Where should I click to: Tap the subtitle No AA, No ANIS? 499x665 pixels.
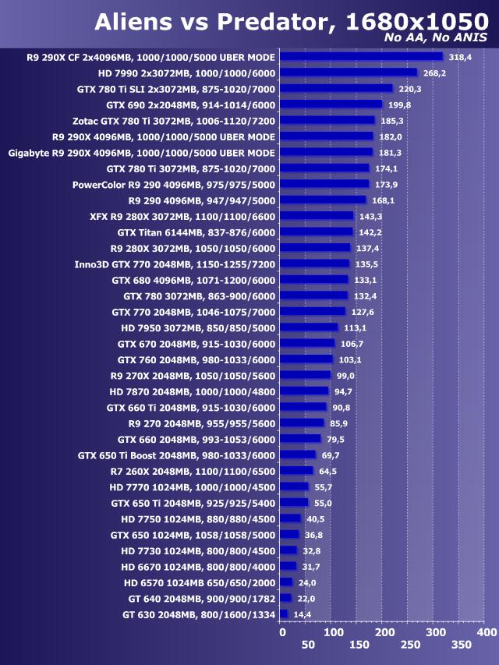coord(436,38)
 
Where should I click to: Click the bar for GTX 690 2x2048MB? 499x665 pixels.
coord(331,104)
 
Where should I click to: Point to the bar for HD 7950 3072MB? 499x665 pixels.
coord(309,327)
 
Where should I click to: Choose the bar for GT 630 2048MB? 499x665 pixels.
coord(283,614)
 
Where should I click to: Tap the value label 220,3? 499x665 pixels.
coord(409,89)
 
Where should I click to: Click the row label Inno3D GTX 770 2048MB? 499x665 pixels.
coord(175,264)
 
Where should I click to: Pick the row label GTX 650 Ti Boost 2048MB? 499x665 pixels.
coord(177,455)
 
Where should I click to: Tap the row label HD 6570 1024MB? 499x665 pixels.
coord(200,582)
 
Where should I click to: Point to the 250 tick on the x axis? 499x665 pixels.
coord(409,645)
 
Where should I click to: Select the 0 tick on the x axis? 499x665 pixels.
coord(282,632)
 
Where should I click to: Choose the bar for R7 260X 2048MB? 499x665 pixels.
coord(296,471)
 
